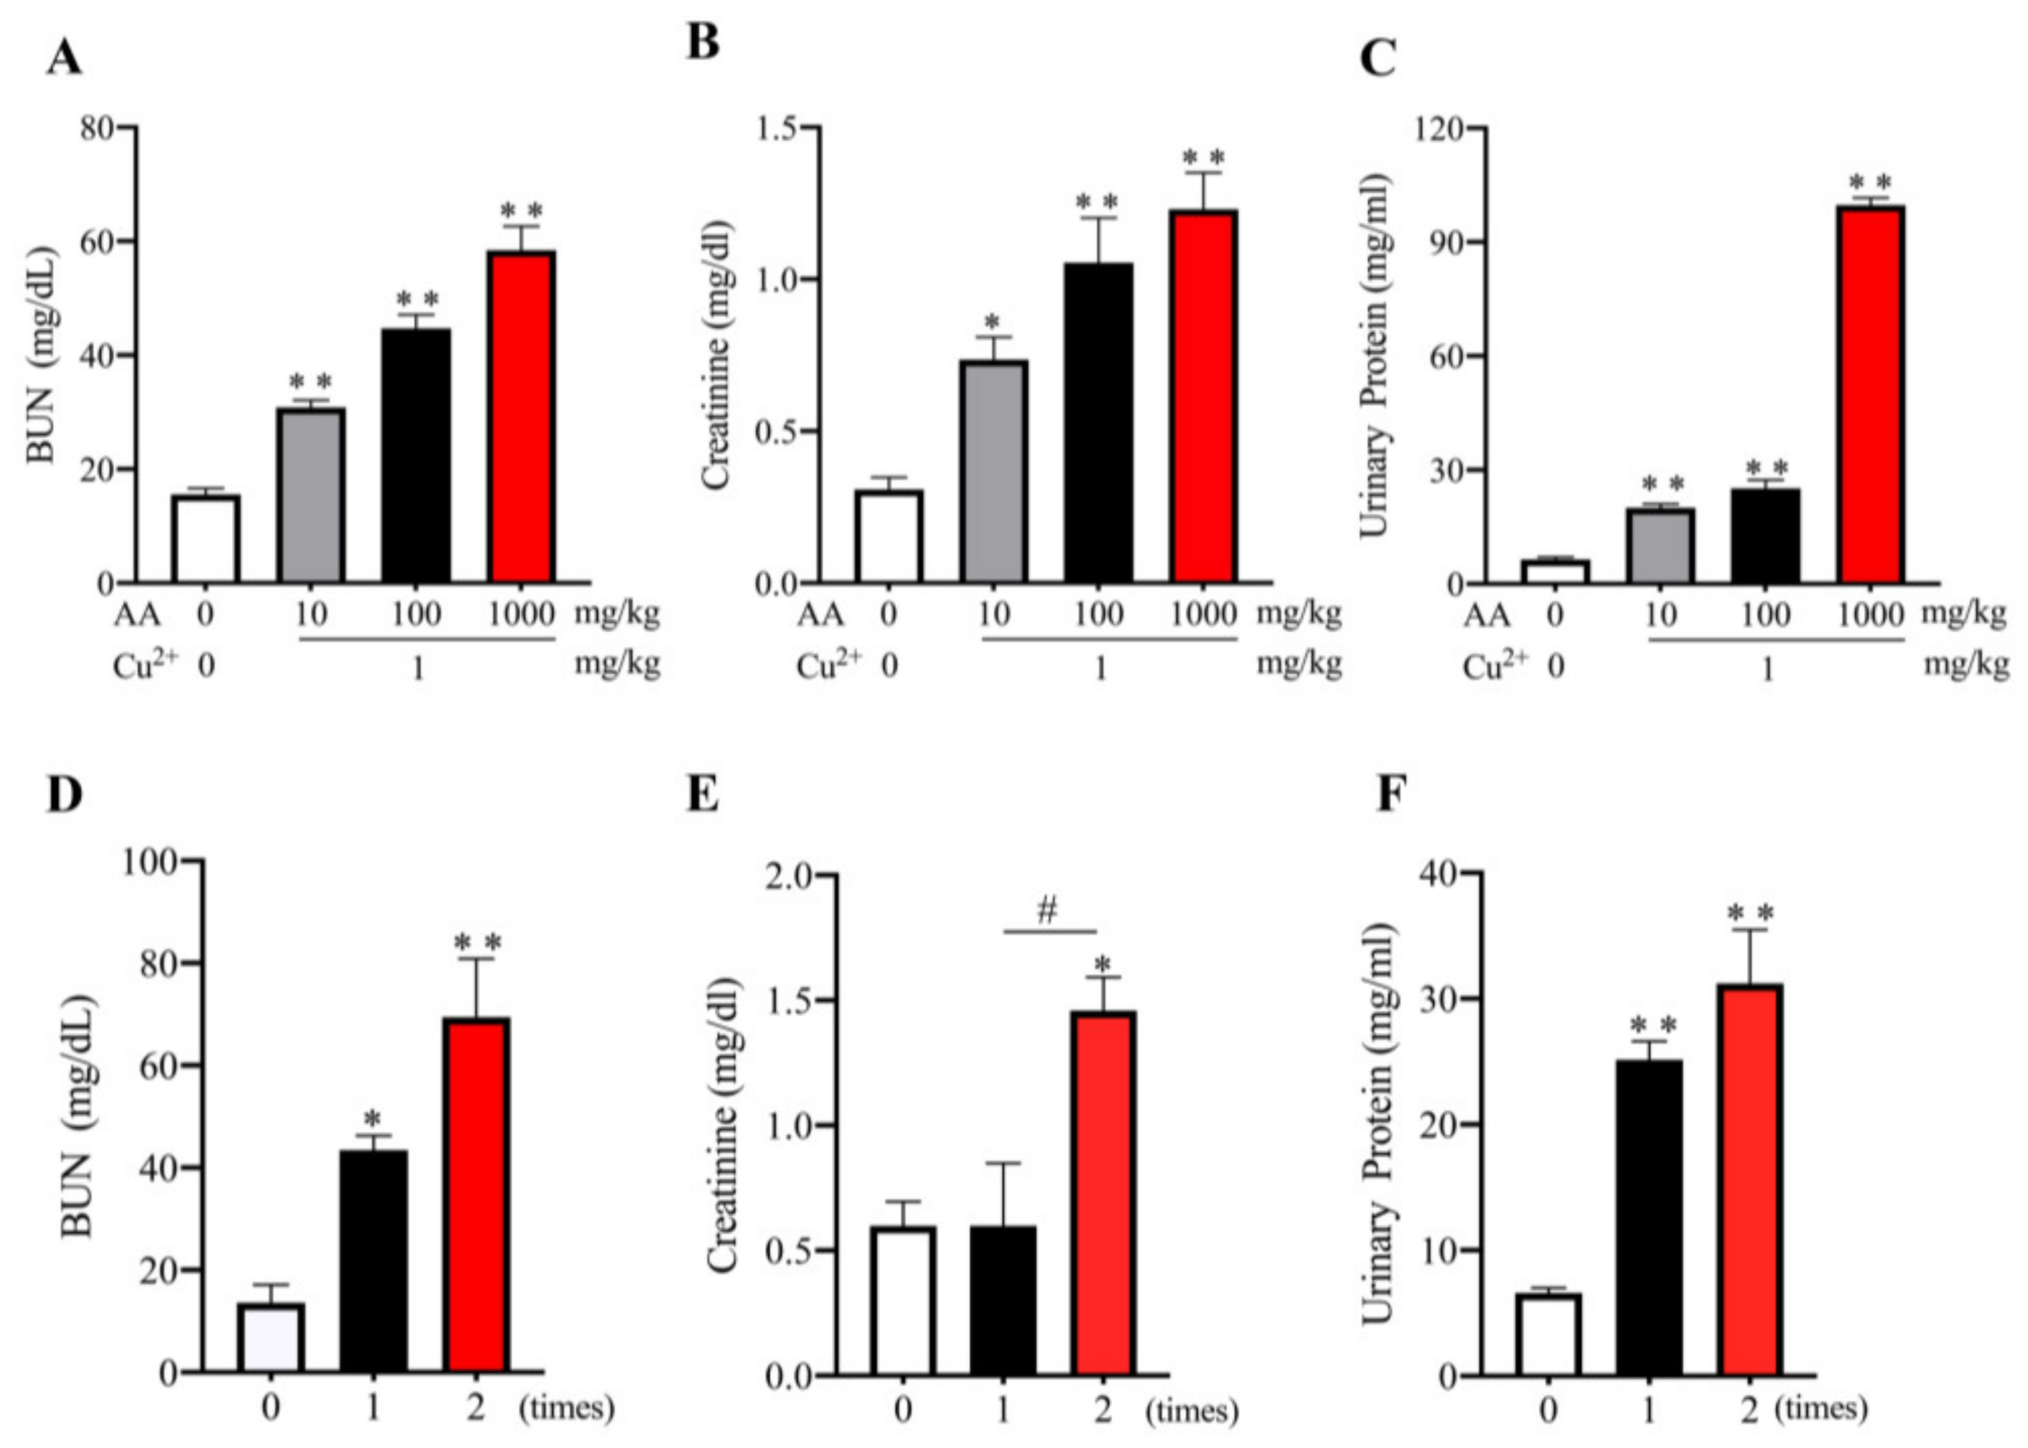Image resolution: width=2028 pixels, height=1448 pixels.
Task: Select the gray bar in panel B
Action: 994,473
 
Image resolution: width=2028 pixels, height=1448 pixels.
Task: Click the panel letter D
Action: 64,795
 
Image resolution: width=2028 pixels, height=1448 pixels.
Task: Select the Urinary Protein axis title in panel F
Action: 1377,1123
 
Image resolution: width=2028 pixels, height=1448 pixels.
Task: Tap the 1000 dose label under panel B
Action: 1204,614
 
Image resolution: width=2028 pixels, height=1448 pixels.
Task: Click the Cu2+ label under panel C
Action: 1495,665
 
